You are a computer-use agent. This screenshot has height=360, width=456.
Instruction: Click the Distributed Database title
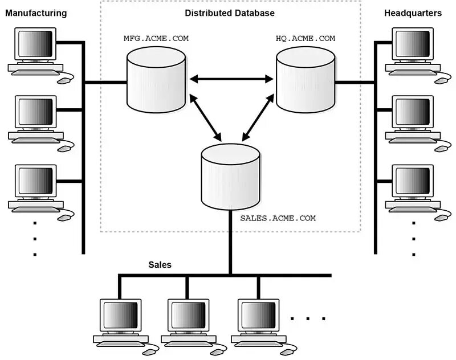230,13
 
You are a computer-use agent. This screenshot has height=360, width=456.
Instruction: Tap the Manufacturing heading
36,13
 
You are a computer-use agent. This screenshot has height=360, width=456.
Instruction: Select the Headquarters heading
413,13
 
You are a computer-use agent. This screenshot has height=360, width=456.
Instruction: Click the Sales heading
160,265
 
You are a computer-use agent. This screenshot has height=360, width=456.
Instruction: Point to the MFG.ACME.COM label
156,38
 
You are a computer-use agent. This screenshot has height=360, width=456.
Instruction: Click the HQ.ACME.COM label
306,38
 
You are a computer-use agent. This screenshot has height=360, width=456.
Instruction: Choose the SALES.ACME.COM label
278,218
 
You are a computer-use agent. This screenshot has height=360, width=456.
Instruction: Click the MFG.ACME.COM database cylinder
156,79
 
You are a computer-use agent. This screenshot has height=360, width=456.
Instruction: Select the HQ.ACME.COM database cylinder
306,79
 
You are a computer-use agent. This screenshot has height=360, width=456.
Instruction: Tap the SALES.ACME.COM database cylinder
230,177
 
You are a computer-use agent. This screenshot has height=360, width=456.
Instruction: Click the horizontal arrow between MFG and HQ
231,79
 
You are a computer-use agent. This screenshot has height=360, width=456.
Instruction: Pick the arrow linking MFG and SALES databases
206,118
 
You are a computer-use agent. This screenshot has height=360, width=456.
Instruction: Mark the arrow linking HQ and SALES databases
258,117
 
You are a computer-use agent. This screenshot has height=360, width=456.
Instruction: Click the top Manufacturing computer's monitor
35,44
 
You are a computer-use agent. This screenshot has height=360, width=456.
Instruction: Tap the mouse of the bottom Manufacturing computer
64,218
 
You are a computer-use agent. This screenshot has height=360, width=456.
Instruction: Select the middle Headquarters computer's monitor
413,112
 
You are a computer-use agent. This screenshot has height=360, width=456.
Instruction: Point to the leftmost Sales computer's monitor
121,316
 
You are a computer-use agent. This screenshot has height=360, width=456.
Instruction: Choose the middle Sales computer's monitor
189,316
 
